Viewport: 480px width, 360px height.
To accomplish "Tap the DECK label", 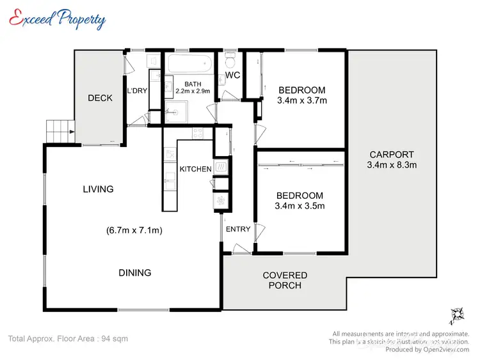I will [x=100, y=98].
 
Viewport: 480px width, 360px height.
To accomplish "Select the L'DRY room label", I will [x=138, y=91].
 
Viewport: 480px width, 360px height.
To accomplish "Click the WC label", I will [x=232, y=76].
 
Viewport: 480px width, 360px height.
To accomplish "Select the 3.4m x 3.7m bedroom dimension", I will [x=301, y=100].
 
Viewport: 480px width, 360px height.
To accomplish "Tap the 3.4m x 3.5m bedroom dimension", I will [x=300, y=206].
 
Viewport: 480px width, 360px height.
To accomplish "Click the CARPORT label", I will [x=391, y=154].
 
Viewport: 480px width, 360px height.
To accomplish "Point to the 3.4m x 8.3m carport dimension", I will [x=391, y=164].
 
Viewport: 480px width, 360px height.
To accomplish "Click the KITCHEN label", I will [x=195, y=169].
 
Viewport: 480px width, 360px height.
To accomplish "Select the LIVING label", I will [x=98, y=189].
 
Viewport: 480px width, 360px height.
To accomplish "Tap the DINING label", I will [x=134, y=272].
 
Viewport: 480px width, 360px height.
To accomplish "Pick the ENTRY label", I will [x=237, y=230].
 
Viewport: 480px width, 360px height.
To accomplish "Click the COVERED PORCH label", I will [x=285, y=280].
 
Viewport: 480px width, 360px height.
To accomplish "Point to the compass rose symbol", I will [x=457, y=314].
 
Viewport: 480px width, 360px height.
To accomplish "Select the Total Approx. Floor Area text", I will [x=68, y=338].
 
